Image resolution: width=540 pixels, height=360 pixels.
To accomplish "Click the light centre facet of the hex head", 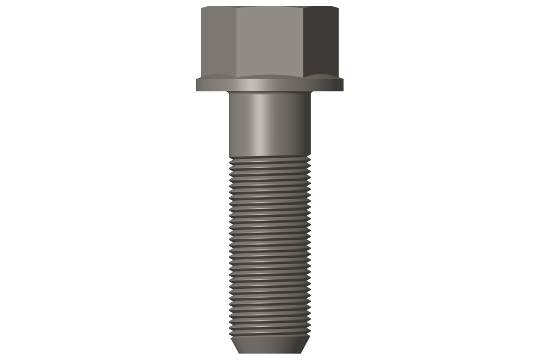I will click(x=270, y=42).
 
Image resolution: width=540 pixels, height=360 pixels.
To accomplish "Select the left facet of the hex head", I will click(x=218, y=42).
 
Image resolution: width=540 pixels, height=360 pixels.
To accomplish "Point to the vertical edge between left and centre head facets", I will click(x=236, y=42).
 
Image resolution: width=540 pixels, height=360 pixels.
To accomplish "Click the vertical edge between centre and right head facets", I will click(x=305, y=42).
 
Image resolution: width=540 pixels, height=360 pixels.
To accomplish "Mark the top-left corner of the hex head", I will click(x=202, y=7).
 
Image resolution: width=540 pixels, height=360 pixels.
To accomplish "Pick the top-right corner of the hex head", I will click(x=338, y=7).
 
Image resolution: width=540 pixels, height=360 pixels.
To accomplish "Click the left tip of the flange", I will click(x=197, y=85).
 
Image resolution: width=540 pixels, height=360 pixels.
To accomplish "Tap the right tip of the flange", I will click(x=343, y=85).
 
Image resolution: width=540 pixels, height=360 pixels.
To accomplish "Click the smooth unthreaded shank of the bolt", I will click(x=269, y=124).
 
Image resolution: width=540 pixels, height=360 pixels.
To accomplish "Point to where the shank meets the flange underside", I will click(x=269, y=92).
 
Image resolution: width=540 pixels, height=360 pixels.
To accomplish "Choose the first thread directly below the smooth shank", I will click(x=269, y=159).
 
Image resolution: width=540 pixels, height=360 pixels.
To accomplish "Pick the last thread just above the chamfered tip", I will click(x=269, y=333).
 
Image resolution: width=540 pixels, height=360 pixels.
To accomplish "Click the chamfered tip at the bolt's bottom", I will click(x=269, y=345).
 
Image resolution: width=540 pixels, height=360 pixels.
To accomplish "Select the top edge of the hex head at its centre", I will click(x=270, y=7).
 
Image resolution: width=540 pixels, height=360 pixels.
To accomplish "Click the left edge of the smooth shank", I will click(x=229, y=124).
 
